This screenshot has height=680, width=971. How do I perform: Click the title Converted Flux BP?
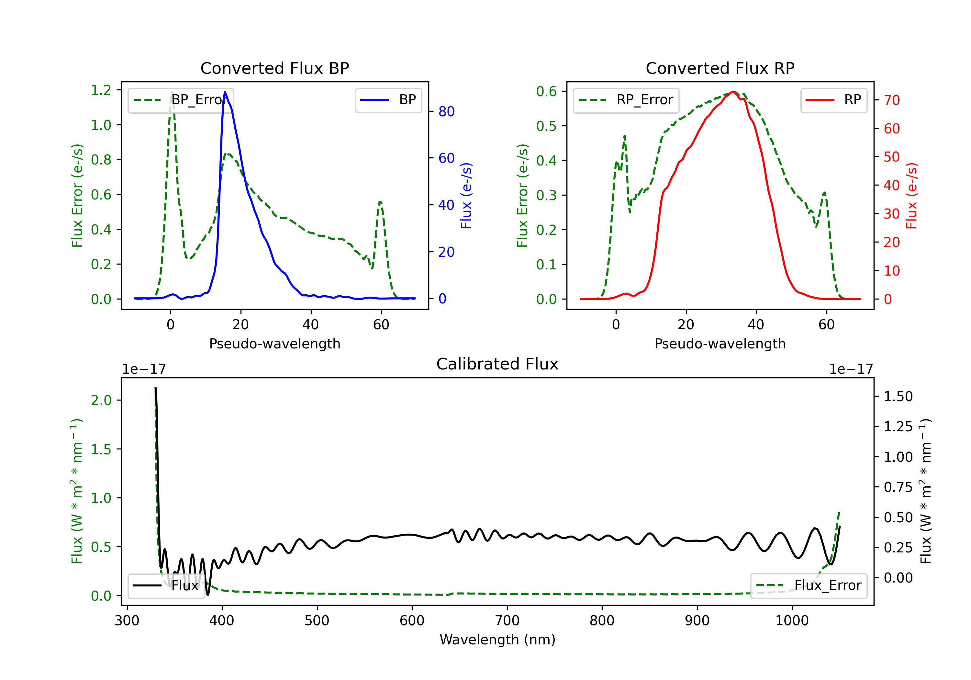[274, 68]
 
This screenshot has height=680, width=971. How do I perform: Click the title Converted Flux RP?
[720, 68]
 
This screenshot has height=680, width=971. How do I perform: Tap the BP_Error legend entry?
[181, 100]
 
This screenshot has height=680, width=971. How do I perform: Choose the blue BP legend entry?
[388, 100]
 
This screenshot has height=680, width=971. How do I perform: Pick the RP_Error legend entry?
[626, 100]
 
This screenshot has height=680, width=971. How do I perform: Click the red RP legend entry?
[833, 100]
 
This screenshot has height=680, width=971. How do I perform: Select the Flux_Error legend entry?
[809, 586]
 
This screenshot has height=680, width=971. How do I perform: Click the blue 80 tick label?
[446, 111]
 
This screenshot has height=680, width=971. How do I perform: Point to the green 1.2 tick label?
[101, 90]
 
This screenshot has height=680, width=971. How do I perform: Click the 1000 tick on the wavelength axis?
[792, 621]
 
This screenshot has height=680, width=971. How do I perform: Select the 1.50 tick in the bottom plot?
[898, 396]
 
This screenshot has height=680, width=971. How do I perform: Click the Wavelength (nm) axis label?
[497, 640]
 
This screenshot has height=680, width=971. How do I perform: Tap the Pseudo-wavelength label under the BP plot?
[274, 344]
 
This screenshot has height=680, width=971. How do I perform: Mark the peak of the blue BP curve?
[225, 92]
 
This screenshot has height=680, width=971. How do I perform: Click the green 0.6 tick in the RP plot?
[546, 91]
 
